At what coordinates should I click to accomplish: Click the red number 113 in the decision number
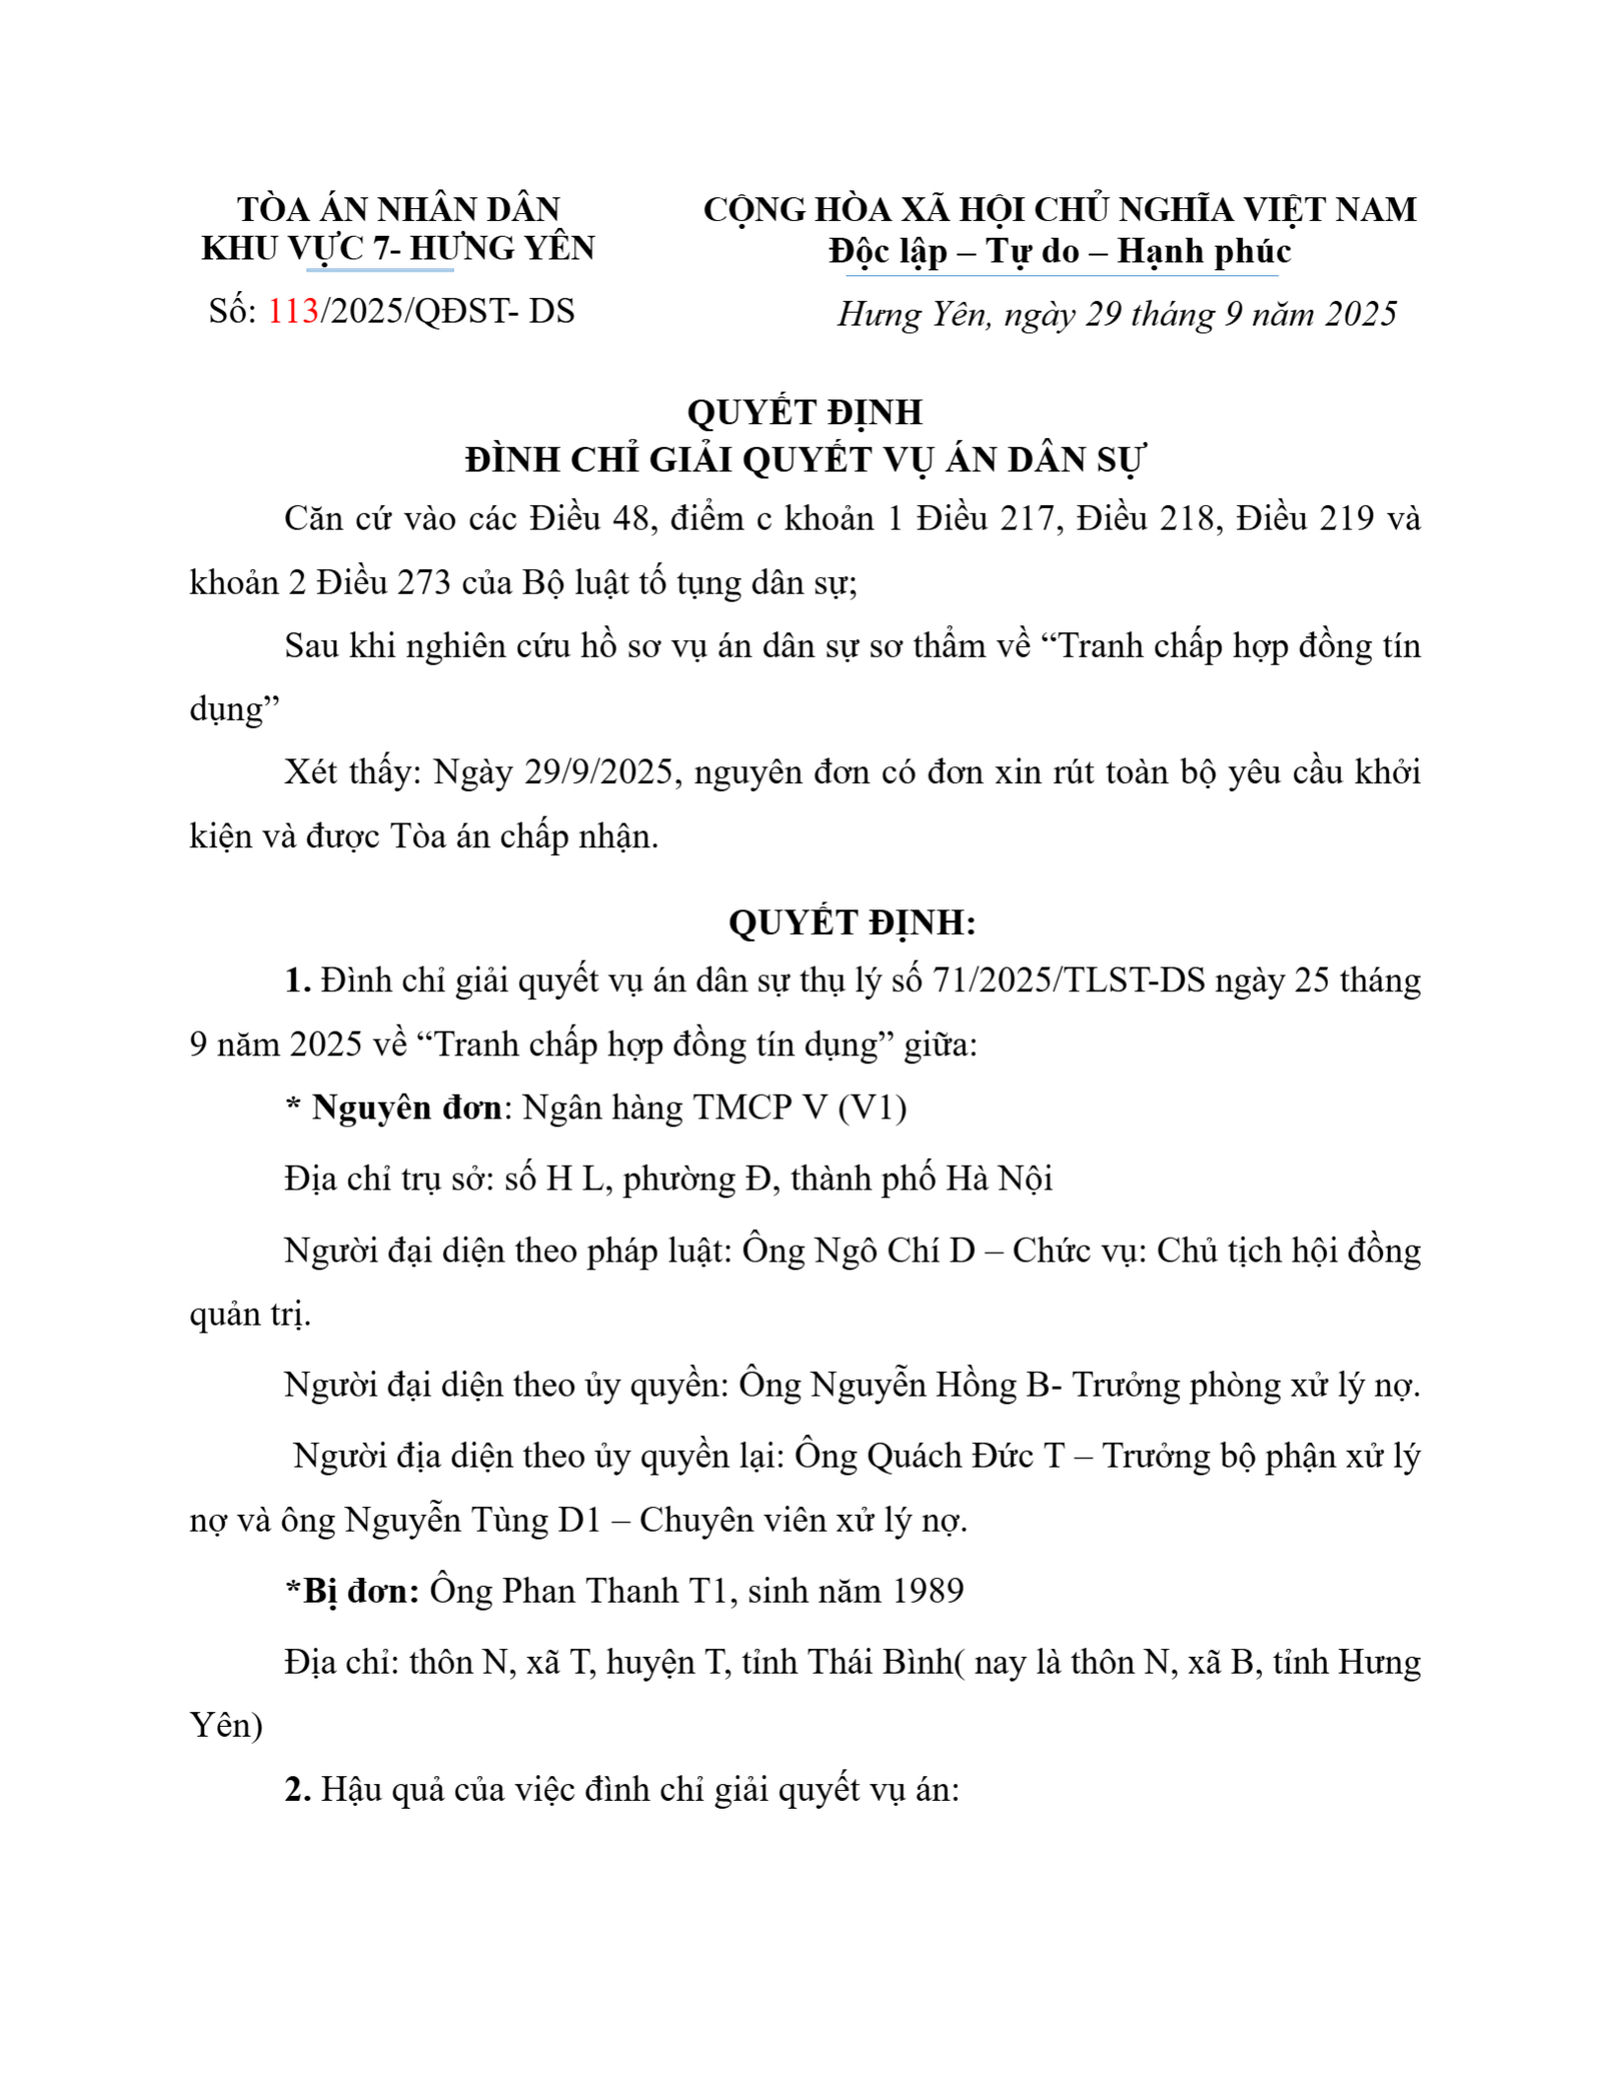(x=293, y=312)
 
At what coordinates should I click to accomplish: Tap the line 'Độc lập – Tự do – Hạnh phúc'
(x=1060, y=251)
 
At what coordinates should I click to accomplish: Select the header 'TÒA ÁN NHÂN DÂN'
(x=399, y=209)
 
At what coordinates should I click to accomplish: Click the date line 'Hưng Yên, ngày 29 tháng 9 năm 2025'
(x=1117, y=315)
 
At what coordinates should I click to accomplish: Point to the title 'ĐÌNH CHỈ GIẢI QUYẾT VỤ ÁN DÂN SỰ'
(x=805, y=461)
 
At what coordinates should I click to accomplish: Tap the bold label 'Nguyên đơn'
(x=406, y=1108)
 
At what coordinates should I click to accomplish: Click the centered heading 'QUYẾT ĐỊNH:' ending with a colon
(x=852, y=923)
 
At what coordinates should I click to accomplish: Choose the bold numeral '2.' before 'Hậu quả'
(x=298, y=1788)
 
